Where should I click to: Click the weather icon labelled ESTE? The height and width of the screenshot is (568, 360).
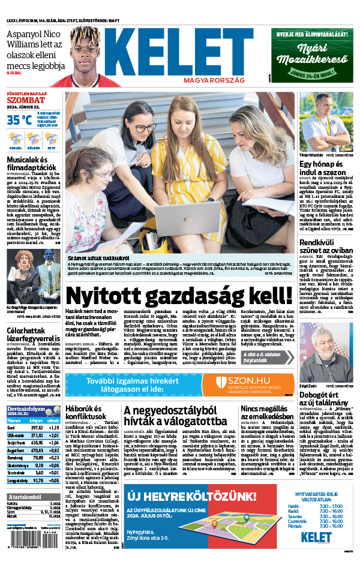52,139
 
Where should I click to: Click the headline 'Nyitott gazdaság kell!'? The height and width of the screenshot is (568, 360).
179,296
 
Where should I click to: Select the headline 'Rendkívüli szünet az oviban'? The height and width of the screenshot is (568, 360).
325,247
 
